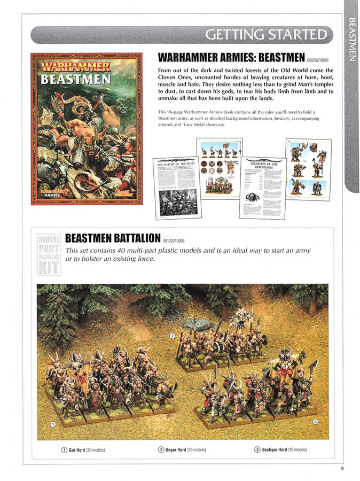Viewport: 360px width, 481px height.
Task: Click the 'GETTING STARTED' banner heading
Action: pyautogui.click(x=265, y=35)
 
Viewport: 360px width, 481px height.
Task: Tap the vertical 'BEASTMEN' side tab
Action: pyautogui.click(x=351, y=40)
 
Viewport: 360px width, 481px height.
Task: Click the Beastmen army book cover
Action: pyautogui.click(x=86, y=128)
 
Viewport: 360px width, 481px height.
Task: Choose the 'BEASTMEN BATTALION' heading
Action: pyautogui.click(x=113, y=238)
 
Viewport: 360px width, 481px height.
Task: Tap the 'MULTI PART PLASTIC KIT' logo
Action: pyautogui.click(x=48, y=254)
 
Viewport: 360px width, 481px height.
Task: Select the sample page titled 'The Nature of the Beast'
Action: pyautogui.click(x=177, y=187)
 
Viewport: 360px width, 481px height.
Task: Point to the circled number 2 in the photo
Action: pyautogui.click(x=173, y=336)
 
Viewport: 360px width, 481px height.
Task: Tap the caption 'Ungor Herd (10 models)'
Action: pyautogui.click(x=182, y=450)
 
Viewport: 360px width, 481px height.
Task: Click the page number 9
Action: pyautogui.click(x=342, y=470)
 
